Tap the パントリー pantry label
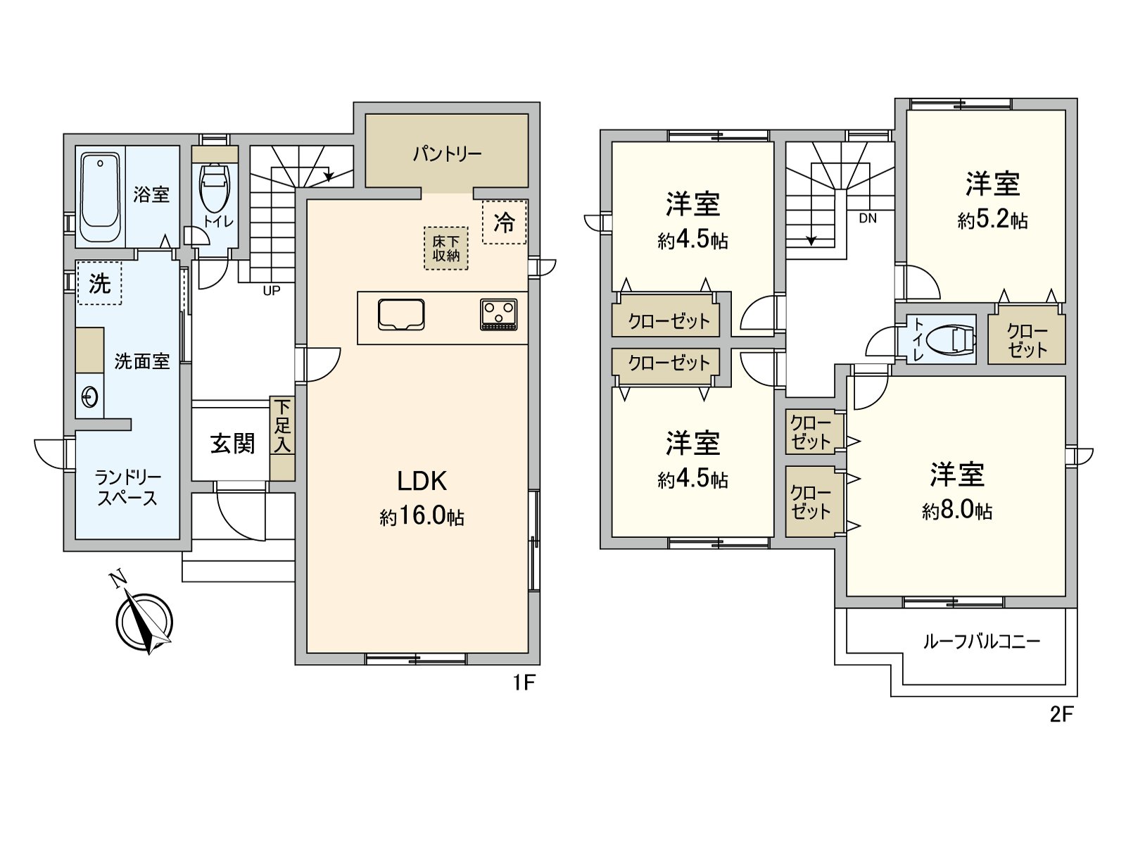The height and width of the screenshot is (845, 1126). (x=447, y=154)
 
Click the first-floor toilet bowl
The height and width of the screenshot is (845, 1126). (x=214, y=187)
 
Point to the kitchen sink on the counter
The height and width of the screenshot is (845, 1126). (x=401, y=314)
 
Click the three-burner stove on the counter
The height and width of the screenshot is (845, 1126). (x=499, y=314)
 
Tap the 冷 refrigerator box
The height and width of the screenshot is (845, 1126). (x=504, y=223)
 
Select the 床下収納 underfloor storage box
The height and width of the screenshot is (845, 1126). (x=446, y=248)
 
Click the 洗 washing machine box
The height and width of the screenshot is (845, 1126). (x=99, y=284)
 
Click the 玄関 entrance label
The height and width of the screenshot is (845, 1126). (x=232, y=444)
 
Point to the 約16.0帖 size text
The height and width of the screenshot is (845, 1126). (x=422, y=518)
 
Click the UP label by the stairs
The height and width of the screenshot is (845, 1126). (x=272, y=289)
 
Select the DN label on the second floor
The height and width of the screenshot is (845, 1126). (x=868, y=218)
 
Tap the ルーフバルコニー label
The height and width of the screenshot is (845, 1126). (x=981, y=641)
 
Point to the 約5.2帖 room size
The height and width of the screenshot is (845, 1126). (x=992, y=221)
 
